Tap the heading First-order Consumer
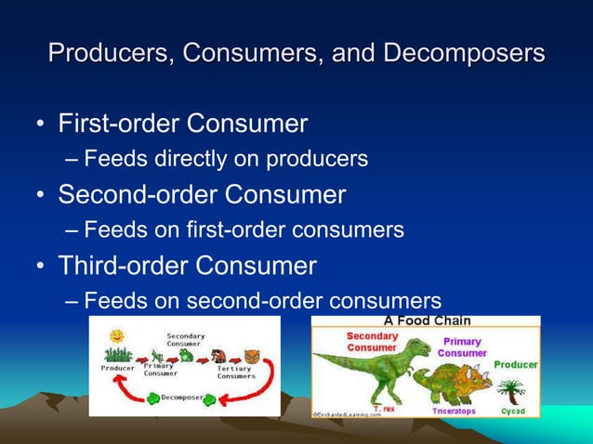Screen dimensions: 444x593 pyautogui.click(x=182, y=123)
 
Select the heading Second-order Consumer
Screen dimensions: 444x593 pyautogui.click(x=202, y=194)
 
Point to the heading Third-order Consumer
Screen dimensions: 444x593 pyautogui.click(x=187, y=266)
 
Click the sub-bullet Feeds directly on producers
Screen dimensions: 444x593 pyautogui.click(x=225, y=159)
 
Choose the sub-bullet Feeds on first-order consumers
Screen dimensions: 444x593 pyautogui.click(x=243, y=229)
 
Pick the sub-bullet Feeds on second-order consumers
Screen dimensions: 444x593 pyautogui.click(x=261, y=301)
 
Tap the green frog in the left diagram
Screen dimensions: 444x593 pyautogui.click(x=186, y=354)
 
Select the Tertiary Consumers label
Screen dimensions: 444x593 pyautogui.click(x=236, y=372)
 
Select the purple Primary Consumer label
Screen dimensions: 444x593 pyautogui.click(x=462, y=347)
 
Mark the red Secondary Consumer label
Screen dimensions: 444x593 pyautogui.click(x=373, y=341)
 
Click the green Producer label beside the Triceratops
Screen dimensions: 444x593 pyautogui.click(x=515, y=365)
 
